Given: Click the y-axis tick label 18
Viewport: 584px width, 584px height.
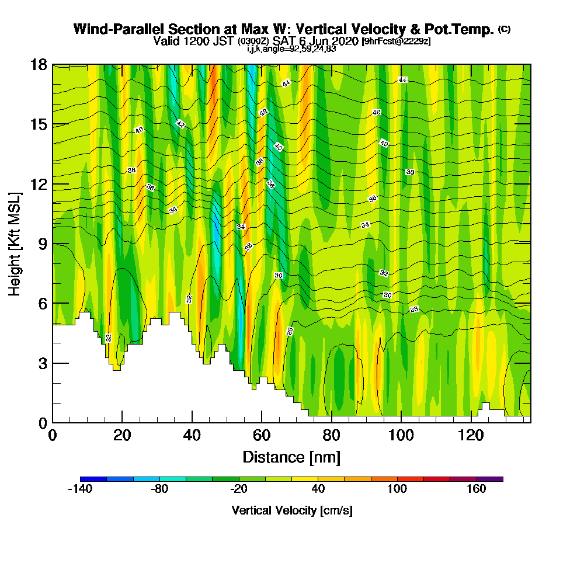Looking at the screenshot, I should click(39, 65).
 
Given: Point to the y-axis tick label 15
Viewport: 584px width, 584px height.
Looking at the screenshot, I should click(39, 124).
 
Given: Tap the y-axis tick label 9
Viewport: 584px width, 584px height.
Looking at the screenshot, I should click(43, 244).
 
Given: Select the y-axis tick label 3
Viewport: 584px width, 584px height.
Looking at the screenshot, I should click(43, 363).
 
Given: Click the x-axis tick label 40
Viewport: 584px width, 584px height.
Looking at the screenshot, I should click(192, 435).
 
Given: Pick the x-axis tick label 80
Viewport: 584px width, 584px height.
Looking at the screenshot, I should click(331, 435).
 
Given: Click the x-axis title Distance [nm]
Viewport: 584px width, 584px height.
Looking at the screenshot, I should click(291, 457).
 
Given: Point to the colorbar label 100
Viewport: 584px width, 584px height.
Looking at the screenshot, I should click(397, 489).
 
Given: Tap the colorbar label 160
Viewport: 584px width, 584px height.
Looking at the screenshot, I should click(477, 489).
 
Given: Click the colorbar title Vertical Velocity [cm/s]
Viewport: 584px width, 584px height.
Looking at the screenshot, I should click(292, 510).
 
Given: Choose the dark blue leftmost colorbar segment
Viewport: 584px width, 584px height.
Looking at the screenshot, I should click(93, 479).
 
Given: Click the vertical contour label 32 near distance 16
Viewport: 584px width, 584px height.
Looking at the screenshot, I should click(109, 338).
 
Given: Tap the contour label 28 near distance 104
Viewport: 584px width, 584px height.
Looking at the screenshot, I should click(414, 309).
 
